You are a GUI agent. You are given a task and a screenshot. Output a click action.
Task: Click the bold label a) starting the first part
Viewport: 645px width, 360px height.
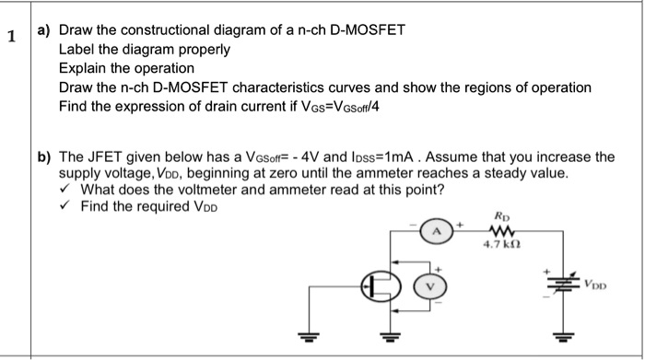[x=43, y=30]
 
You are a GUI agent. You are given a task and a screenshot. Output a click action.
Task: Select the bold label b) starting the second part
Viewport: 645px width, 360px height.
[x=43, y=157]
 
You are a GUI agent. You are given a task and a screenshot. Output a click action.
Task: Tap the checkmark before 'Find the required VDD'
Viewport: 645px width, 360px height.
[x=65, y=207]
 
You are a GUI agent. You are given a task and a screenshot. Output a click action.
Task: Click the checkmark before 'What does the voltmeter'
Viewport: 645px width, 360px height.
[x=65, y=191]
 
